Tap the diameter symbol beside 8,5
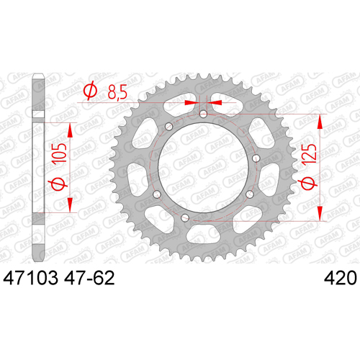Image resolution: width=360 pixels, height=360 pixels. coord(90,91)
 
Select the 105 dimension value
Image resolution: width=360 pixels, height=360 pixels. coord(59,154)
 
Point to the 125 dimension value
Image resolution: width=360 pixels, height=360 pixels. coord(309,156)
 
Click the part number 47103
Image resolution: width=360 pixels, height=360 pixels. coord(30,278)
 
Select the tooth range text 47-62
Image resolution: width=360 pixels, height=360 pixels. coord(89,278)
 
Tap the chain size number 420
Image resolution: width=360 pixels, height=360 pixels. coord(341,278)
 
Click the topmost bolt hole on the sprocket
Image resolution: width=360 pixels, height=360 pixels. coord(203,114)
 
